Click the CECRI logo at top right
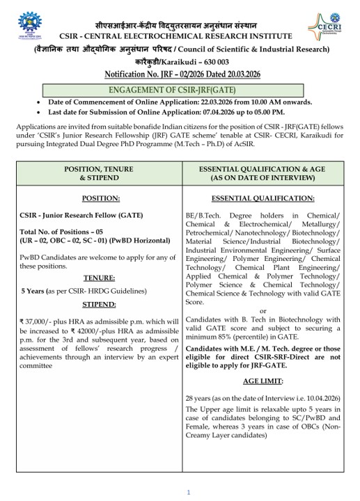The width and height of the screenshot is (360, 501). [x=324, y=27]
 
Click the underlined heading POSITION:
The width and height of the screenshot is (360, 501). [x=97, y=198]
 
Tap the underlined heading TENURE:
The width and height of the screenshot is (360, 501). [x=98, y=277]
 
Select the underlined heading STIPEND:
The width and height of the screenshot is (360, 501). [x=98, y=304]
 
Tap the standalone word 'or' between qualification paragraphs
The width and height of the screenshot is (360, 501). [x=263, y=310]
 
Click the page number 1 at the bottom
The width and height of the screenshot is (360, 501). [x=188, y=492]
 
